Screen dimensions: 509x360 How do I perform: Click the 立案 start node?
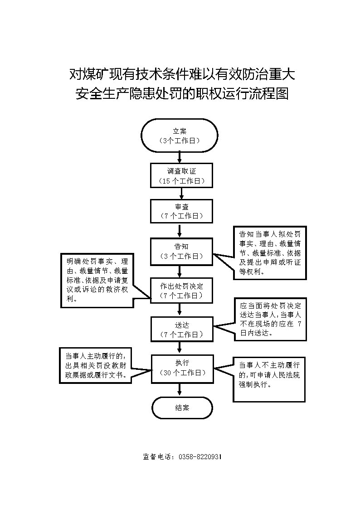pos(180,135)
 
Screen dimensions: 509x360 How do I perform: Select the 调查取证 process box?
pos(181,175)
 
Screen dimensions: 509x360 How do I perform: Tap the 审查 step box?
pos(181,211)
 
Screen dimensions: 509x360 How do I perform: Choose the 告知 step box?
pos(181,251)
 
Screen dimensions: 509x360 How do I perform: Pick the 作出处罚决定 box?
pos(181,291)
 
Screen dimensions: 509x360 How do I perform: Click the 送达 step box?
pos(181,330)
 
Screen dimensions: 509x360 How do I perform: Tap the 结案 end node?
pos(182,407)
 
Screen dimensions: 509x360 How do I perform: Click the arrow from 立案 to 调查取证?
pos(180,157)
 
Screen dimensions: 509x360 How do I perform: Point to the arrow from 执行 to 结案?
pos(181,388)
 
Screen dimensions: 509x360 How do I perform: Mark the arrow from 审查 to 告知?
pos(181,230)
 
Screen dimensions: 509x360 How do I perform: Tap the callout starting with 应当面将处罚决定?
pos(270,319)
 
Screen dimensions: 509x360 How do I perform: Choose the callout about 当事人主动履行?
pos(96,365)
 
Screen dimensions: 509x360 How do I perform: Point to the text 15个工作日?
pos(181,181)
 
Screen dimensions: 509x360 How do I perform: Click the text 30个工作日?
pos(181,373)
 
